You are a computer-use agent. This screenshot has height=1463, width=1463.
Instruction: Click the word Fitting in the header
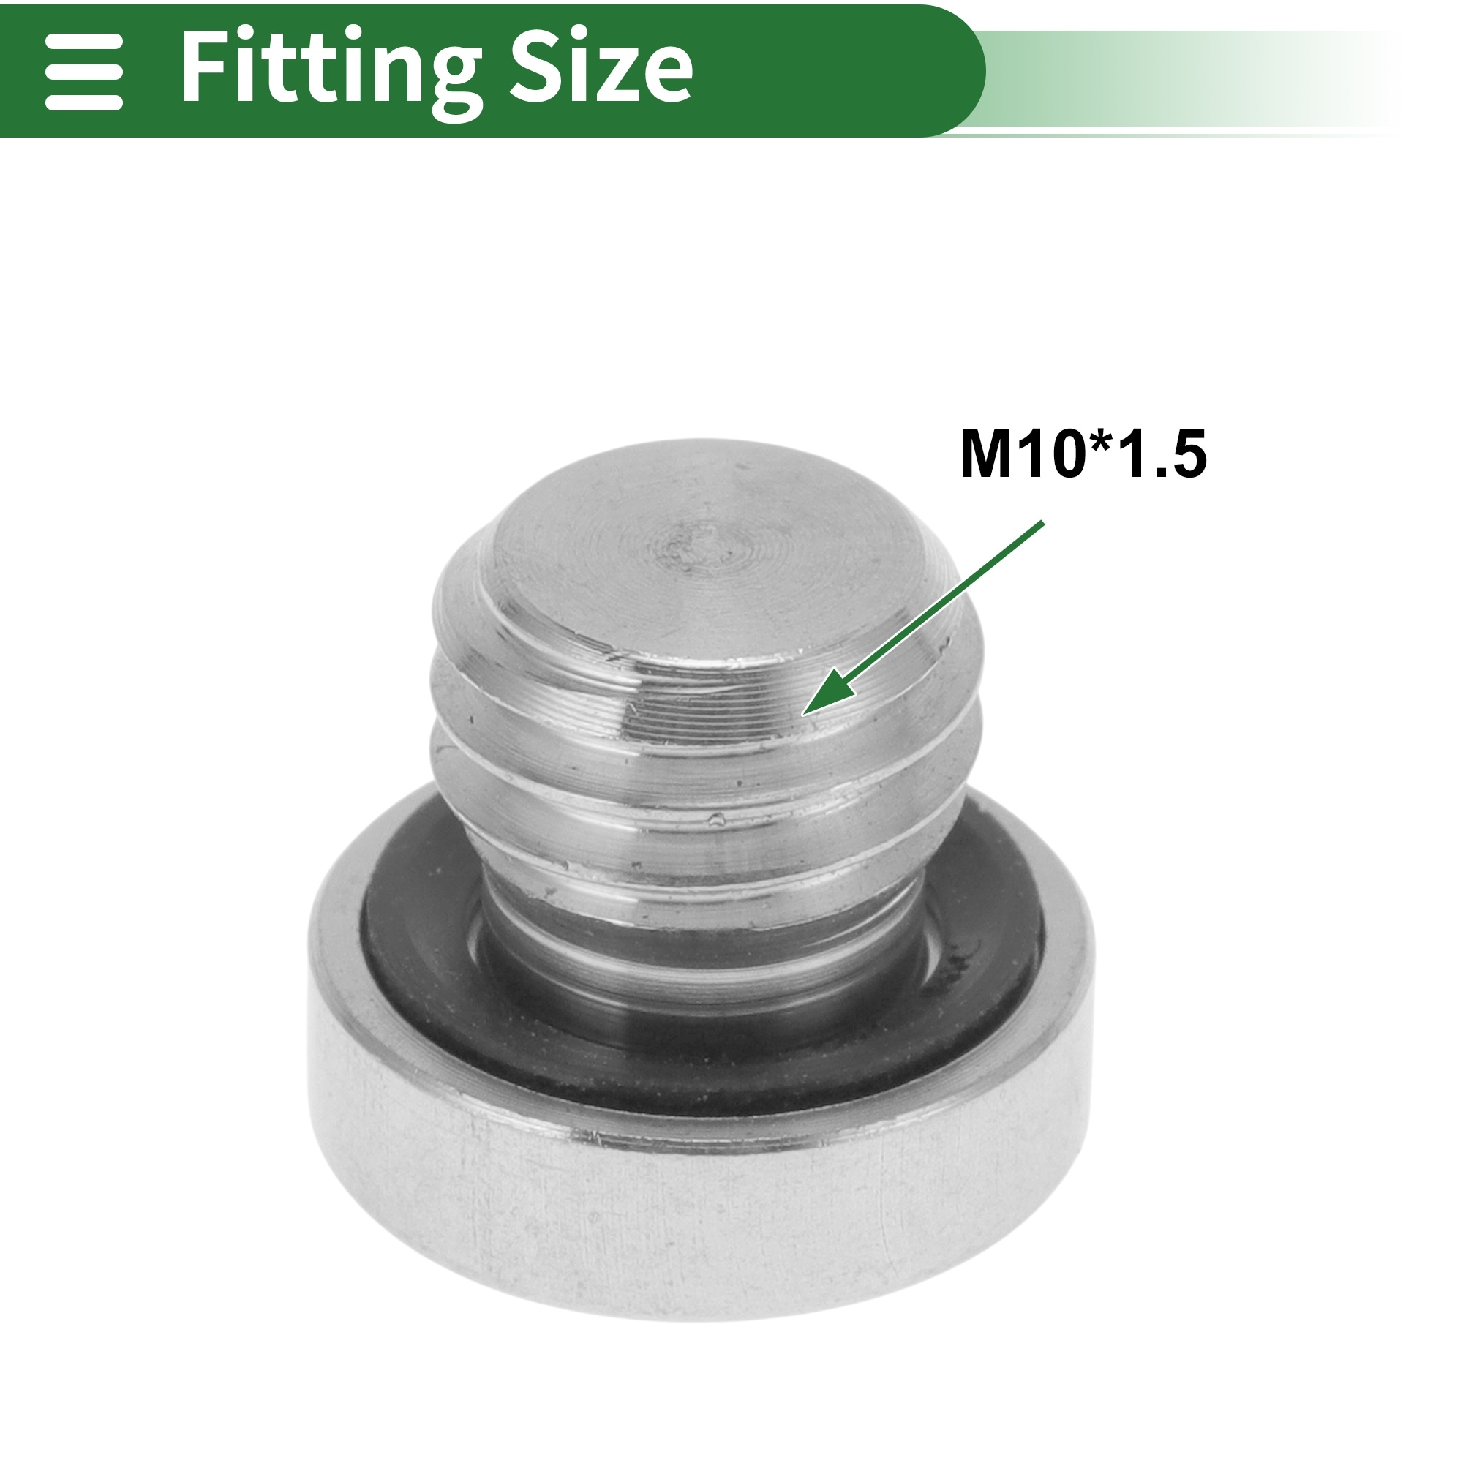(x=331, y=72)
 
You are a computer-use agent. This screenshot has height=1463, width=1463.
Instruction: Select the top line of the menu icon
(x=84, y=42)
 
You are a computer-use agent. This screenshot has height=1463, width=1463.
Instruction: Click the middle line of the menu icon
(x=84, y=72)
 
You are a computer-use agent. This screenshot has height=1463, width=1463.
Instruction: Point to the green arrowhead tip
(x=802, y=714)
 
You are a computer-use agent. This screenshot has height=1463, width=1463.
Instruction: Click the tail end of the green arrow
(x=1042, y=522)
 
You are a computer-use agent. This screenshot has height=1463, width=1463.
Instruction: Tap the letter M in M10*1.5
(x=986, y=454)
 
